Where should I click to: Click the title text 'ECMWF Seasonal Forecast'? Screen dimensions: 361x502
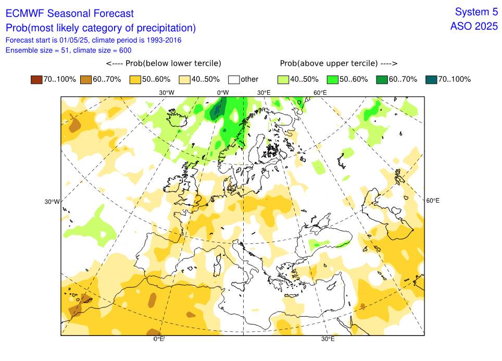69,14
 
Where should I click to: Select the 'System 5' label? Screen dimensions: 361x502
476,12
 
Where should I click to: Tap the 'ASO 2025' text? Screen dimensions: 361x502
474,26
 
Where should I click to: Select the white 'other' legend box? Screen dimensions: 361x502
234,79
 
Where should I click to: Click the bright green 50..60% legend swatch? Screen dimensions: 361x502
333,79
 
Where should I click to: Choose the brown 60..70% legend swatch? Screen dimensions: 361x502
86,79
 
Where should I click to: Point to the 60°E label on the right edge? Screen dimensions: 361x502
433,201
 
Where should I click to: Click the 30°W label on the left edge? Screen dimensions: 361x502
52,202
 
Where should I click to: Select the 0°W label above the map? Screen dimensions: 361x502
223,93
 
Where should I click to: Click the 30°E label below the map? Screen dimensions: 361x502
328,339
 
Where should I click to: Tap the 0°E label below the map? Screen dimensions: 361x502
159,339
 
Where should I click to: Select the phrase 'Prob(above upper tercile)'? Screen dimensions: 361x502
328,64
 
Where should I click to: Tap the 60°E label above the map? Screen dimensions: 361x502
320,93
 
